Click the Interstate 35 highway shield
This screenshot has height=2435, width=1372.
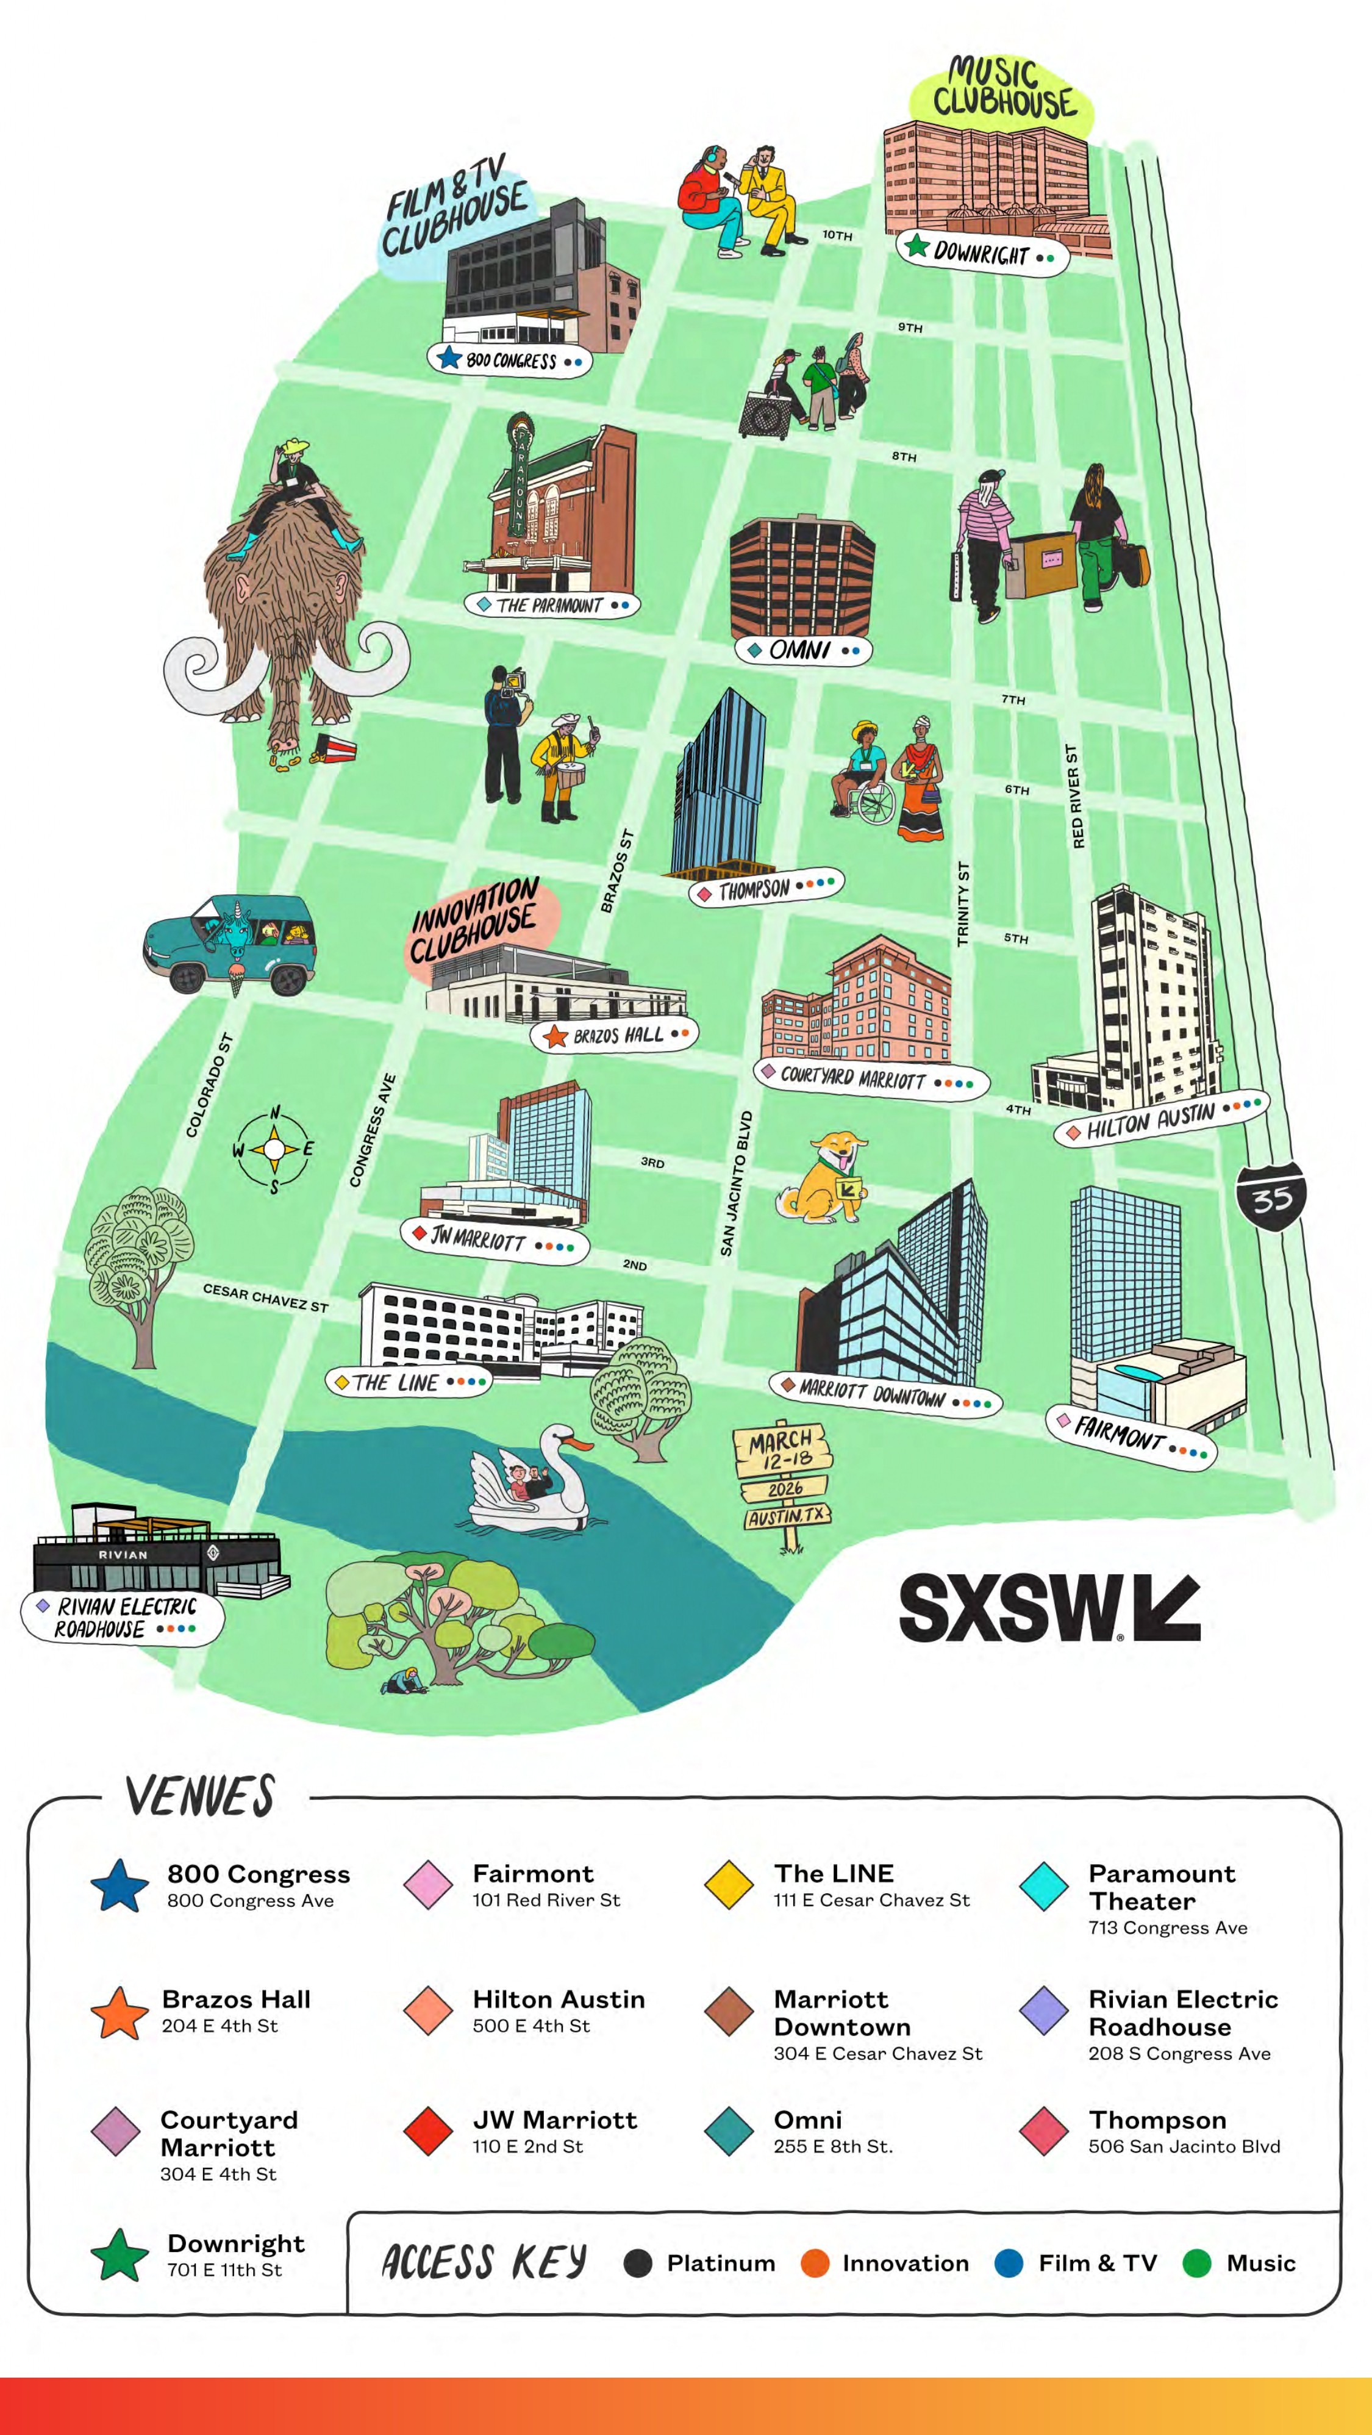point(1271,1197)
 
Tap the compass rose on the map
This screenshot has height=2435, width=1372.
point(274,1149)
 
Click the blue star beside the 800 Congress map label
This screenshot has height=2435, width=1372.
point(449,358)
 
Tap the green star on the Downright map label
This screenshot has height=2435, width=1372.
point(916,246)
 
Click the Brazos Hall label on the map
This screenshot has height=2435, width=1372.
point(617,1035)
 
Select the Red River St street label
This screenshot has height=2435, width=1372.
point(1075,796)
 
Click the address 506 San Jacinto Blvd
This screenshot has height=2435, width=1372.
point(1184,2146)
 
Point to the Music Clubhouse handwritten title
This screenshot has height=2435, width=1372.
point(1004,89)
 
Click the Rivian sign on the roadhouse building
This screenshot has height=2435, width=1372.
point(123,1555)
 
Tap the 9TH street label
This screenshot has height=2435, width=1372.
point(910,327)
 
